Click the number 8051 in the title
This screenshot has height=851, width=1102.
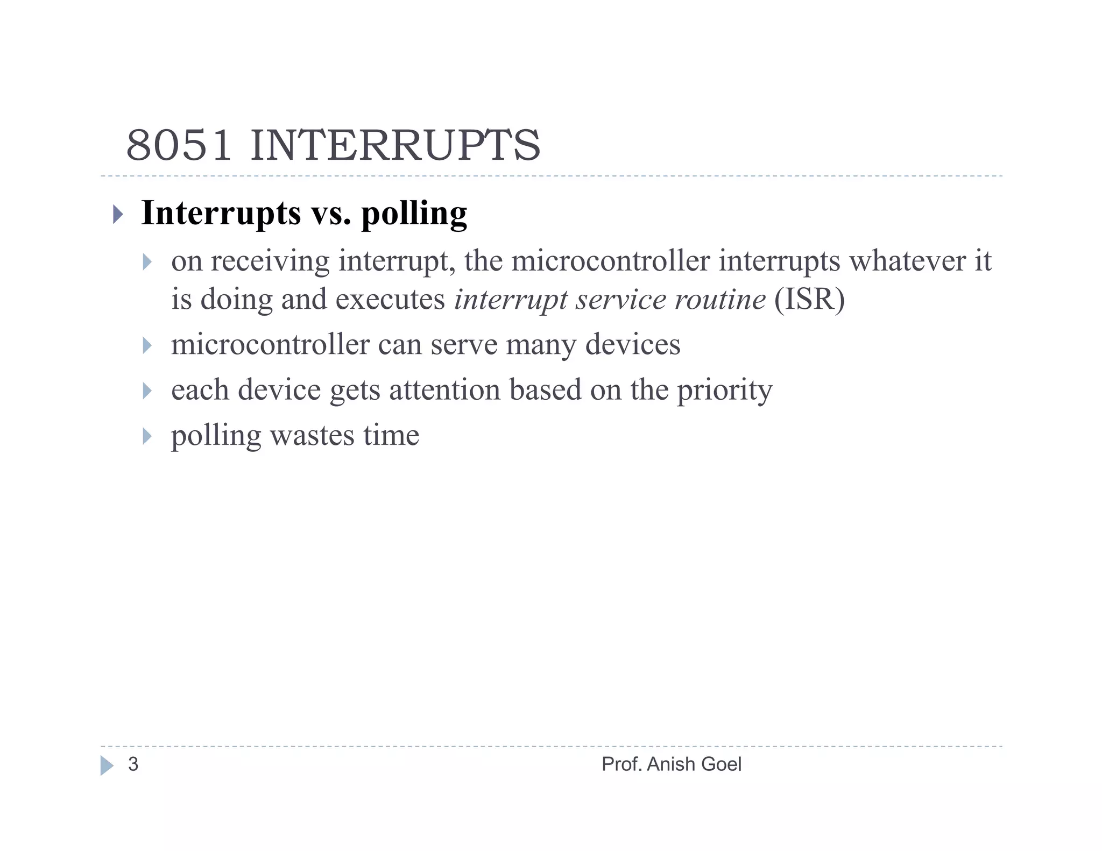point(179,146)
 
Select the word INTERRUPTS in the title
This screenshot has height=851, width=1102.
point(395,146)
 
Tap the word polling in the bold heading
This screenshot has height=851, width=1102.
point(414,214)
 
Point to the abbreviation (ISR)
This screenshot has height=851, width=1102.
point(809,299)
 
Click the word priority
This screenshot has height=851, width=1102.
point(724,391)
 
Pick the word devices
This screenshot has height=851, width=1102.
point(633,344)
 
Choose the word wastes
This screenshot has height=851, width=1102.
point(312,435)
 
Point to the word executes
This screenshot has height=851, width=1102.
point(390,299)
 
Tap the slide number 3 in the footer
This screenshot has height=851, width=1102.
point(133,764)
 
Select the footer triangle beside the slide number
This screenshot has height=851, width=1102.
point(107,765)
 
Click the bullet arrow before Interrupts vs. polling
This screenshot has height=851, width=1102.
point(118,215)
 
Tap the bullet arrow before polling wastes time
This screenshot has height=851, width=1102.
point(147,436)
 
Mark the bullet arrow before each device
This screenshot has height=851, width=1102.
point(147,391)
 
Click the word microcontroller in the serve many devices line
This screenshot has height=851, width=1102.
point(270,344)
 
